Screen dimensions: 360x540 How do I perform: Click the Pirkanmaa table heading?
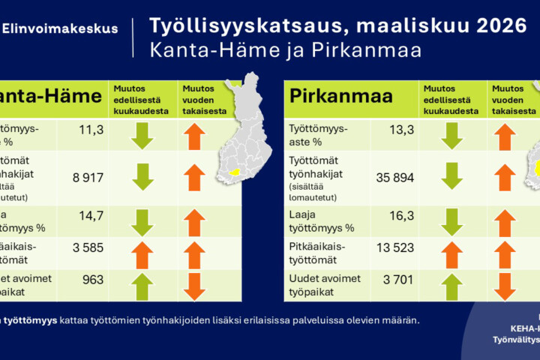pyautogui.click(x=331, y=97)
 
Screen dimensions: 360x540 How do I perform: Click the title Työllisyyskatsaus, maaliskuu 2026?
pyautogui.click(x=337, y=26)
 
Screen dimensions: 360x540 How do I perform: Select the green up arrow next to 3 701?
pyautogui.click(x=451, y=285)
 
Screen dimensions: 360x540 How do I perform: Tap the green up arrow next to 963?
pyautogui.click(x=142, y=285)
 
